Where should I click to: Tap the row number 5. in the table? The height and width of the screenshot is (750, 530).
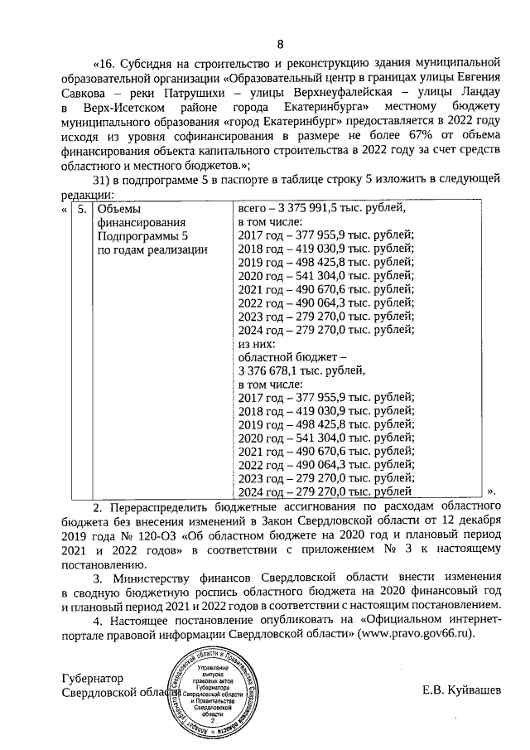pyautogui.click(x=81, y=210)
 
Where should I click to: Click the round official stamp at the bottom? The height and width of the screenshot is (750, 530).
pyautogui.click(x=219, y=692)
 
